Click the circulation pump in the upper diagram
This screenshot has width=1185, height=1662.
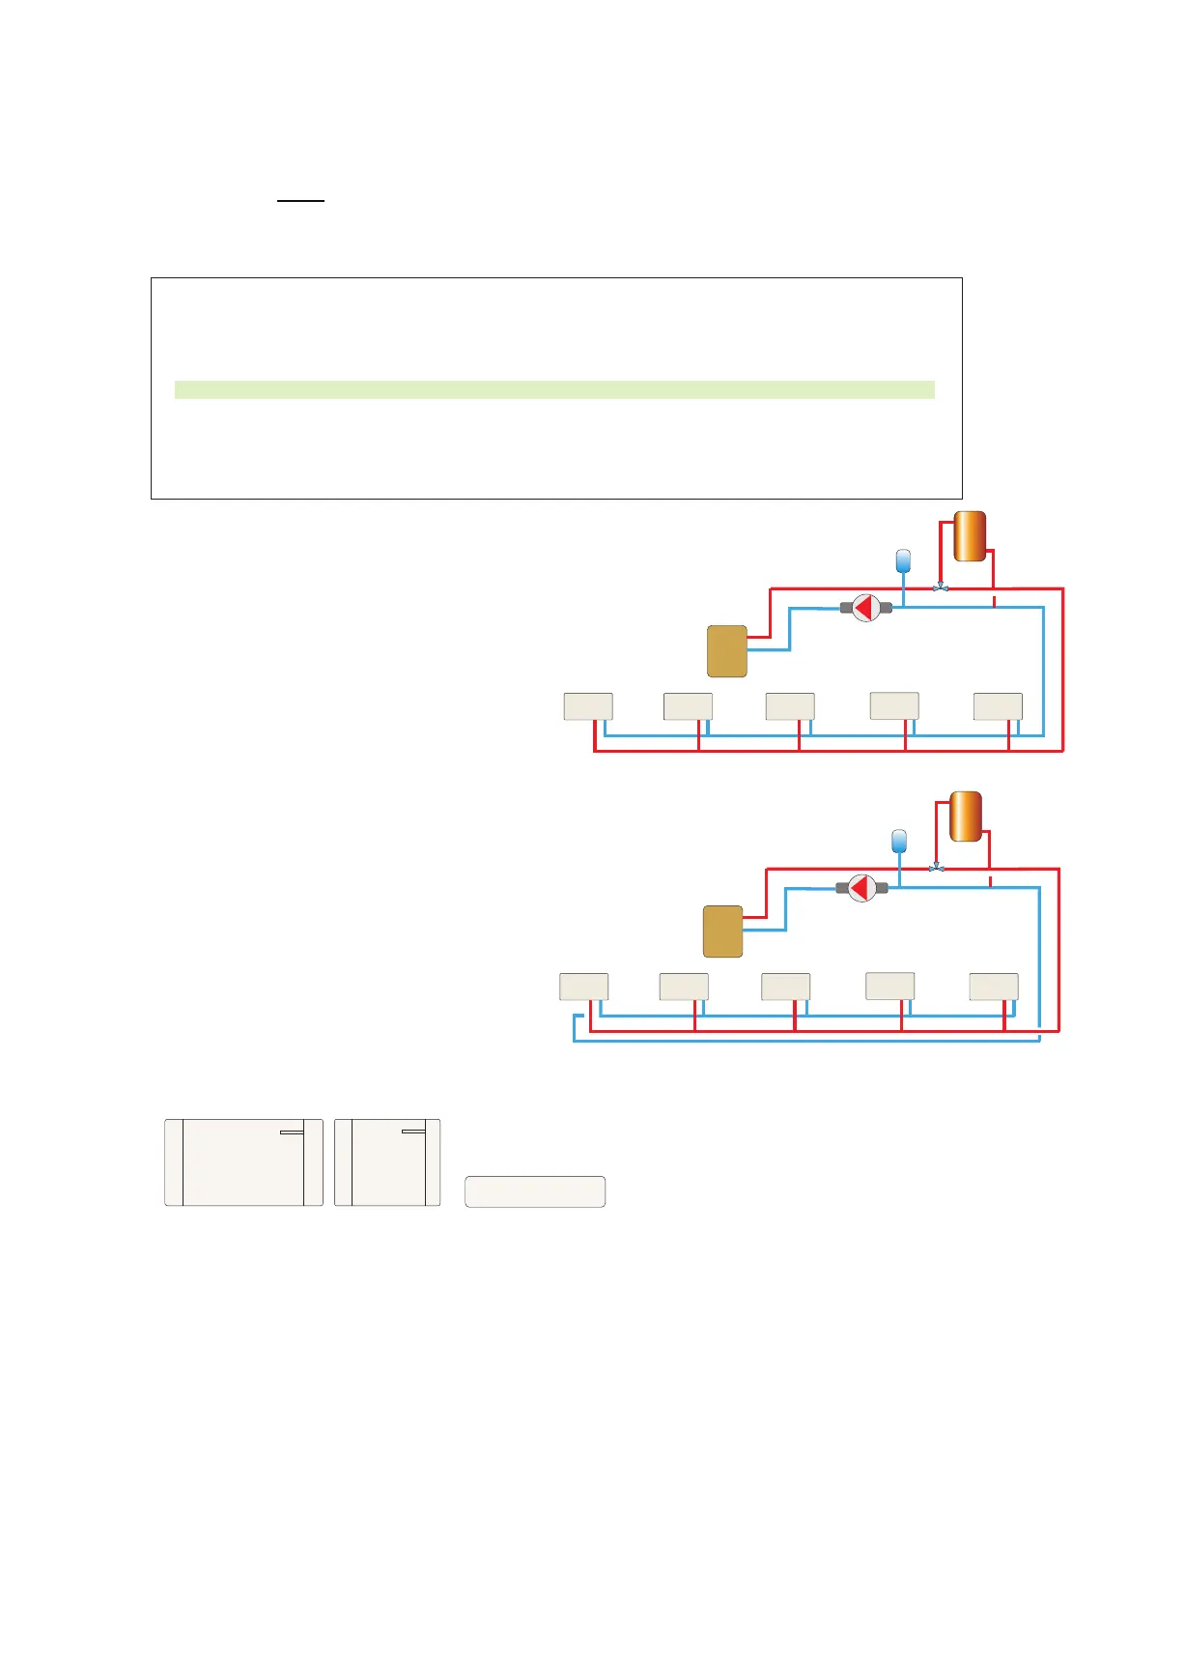[865, 608]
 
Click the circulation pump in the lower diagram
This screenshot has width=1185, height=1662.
[861, 888]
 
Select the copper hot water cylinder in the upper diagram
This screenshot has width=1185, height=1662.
[970, 536]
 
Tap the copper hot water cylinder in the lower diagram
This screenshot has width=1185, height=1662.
[966, 817]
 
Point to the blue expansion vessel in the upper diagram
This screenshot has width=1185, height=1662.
[903, 560]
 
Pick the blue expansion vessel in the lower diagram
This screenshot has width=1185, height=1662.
[899, 841]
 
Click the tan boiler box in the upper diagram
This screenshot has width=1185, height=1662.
[727, 651]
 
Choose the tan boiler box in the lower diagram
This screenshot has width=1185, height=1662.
[723, 931]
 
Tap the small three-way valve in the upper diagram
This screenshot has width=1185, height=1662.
[941, 587]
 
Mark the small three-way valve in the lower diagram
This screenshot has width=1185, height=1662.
[936, 868]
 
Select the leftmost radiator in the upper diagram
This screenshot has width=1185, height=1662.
[588, 706]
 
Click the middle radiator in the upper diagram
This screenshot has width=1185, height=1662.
[790, 706]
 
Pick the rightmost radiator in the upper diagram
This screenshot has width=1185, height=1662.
[998, 706]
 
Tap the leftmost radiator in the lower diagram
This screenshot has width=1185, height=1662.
[584, 987]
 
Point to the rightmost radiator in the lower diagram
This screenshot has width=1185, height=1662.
[994, 987]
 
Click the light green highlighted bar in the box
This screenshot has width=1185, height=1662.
[554, 389]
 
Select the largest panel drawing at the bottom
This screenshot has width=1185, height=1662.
[243, 1162]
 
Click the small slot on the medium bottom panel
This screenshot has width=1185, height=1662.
[413, 1131]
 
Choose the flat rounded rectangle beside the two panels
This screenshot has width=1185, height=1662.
[535, 1191]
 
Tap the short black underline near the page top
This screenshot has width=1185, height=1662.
[300, 201]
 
